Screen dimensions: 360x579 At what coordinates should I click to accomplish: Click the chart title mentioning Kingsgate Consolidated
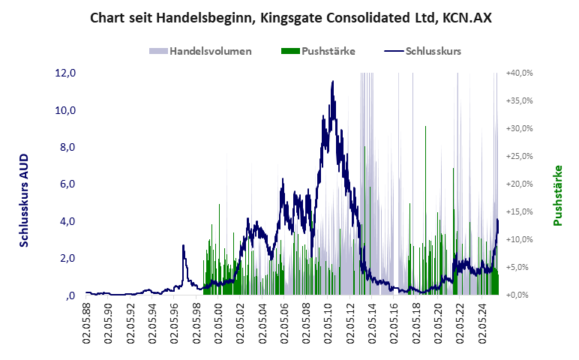289,16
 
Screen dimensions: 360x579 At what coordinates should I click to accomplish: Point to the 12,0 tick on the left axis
66,73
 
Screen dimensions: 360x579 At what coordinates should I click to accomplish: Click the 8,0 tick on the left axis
67,147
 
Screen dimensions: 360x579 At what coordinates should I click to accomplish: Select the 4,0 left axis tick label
67,221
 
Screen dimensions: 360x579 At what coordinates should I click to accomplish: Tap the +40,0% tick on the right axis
519,73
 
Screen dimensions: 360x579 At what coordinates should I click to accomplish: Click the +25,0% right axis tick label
519,156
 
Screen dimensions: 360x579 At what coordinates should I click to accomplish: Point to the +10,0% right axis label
519,239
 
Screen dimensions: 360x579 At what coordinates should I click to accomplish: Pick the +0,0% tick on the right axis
520,295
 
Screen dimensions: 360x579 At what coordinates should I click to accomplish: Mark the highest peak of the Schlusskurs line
332,82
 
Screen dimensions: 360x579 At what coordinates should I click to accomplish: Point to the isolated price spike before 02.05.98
183,246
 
